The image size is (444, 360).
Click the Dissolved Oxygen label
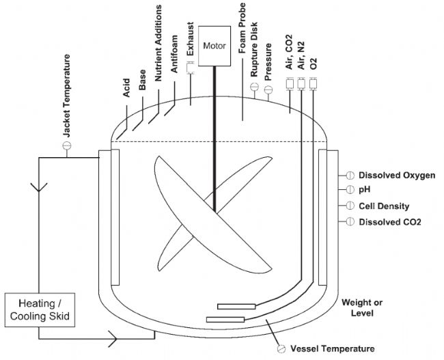pos(397,176)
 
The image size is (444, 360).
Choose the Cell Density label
pos(385,206)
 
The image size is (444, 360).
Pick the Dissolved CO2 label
pos(389,221)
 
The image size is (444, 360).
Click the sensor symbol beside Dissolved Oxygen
pos(349,176)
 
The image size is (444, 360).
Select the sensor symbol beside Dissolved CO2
pos(349,221)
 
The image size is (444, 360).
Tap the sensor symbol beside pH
pos(349,191)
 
